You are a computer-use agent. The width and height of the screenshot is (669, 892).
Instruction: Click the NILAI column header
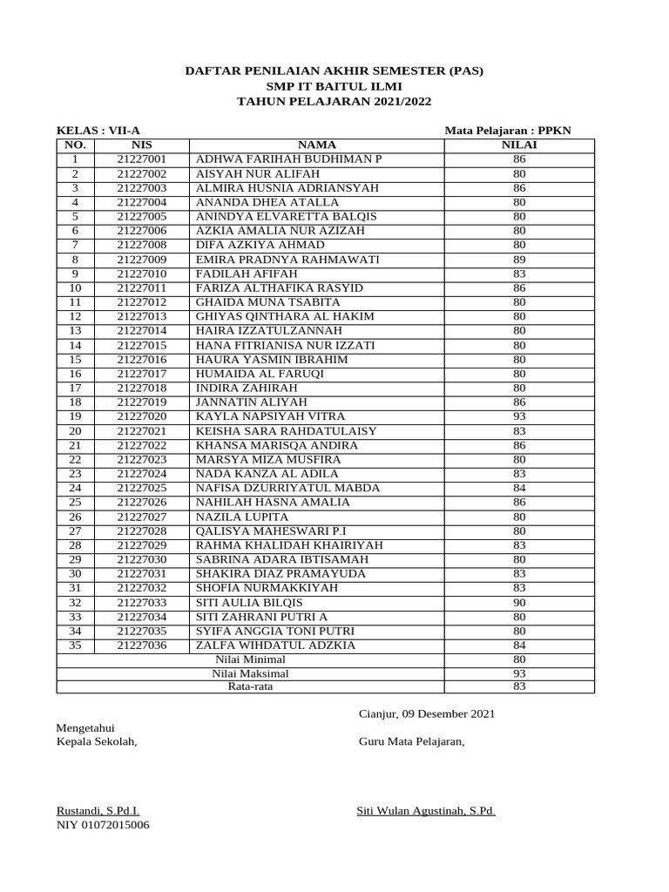click(519, 145)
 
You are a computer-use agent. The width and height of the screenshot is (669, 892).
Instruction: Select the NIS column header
click(141, 145)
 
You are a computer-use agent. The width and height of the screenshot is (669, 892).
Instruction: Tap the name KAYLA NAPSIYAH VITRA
click(270, 416)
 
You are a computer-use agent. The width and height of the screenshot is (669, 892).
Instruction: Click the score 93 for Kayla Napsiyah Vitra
click(519, 416)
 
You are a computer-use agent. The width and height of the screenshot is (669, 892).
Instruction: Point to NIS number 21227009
click(141, 260)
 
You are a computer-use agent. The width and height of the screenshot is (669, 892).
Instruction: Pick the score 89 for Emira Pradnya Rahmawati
click(519, 260)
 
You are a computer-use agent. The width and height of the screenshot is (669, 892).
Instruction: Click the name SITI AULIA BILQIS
click(249, 602)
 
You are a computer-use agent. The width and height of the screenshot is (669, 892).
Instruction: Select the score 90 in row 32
click(519, 602)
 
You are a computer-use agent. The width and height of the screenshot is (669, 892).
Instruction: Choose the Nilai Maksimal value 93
click(519, 673)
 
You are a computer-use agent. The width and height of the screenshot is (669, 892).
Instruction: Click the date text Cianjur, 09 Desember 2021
click(427, 713)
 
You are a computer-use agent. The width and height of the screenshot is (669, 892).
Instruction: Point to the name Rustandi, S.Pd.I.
click(97, 811)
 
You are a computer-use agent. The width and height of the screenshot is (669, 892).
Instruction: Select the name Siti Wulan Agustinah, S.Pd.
click(426, 811)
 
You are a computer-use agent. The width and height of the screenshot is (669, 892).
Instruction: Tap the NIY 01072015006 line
click(103, 825)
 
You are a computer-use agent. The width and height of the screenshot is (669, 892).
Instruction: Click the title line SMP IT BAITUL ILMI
click(334, 86)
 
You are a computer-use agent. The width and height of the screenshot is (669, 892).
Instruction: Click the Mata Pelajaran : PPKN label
click(508, 130)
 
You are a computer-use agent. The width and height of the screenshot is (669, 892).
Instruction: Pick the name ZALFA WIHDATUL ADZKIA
click(275, 645)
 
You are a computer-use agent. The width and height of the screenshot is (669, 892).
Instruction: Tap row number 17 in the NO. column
click(75, 388)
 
